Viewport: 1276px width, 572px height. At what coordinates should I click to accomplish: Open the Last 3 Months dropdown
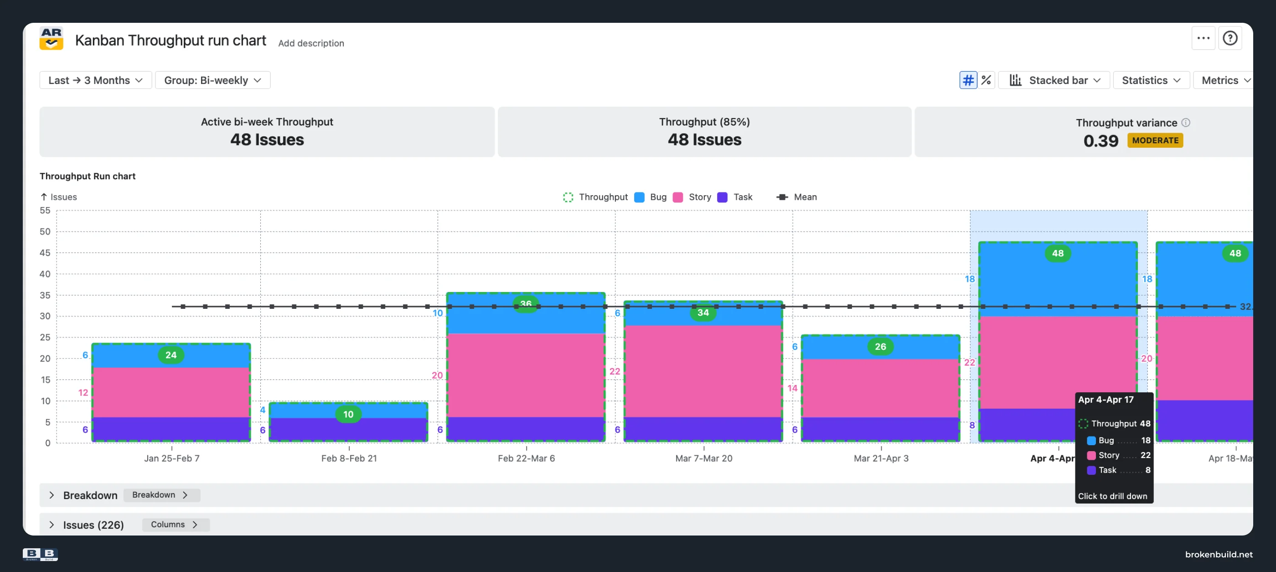(96, 80)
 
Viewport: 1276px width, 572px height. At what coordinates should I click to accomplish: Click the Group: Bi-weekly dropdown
(212, 80)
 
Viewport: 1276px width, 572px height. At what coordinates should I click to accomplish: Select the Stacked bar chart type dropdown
(1054, 80)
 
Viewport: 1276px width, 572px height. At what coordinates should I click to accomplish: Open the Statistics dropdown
(1151, 80)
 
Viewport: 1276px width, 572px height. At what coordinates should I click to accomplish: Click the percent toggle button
(986, 80)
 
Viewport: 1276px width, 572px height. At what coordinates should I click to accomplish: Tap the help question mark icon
(1230, 38)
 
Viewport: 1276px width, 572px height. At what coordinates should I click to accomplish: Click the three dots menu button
(1203, 38)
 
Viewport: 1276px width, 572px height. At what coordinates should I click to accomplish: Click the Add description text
(311, 43)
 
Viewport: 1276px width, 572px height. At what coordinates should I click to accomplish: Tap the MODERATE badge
(1155, 140)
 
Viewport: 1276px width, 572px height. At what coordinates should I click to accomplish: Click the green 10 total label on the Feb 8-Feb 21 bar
(348, 414)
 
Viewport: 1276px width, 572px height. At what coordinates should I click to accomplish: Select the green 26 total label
(880, 347)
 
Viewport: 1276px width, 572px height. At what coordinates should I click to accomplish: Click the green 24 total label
(171, 355)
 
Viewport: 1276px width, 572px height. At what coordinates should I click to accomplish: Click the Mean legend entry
(796, 197)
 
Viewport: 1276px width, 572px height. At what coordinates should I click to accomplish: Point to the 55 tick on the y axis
(45, 211)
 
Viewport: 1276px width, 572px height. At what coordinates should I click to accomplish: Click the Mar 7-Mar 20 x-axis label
(704, 458)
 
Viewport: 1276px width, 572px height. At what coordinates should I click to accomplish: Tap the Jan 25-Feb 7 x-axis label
(172, 458)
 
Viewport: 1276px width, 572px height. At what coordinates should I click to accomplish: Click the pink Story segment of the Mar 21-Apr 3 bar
(881, 388)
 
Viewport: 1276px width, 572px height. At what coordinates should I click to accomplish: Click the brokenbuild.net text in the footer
(1219, 555)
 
